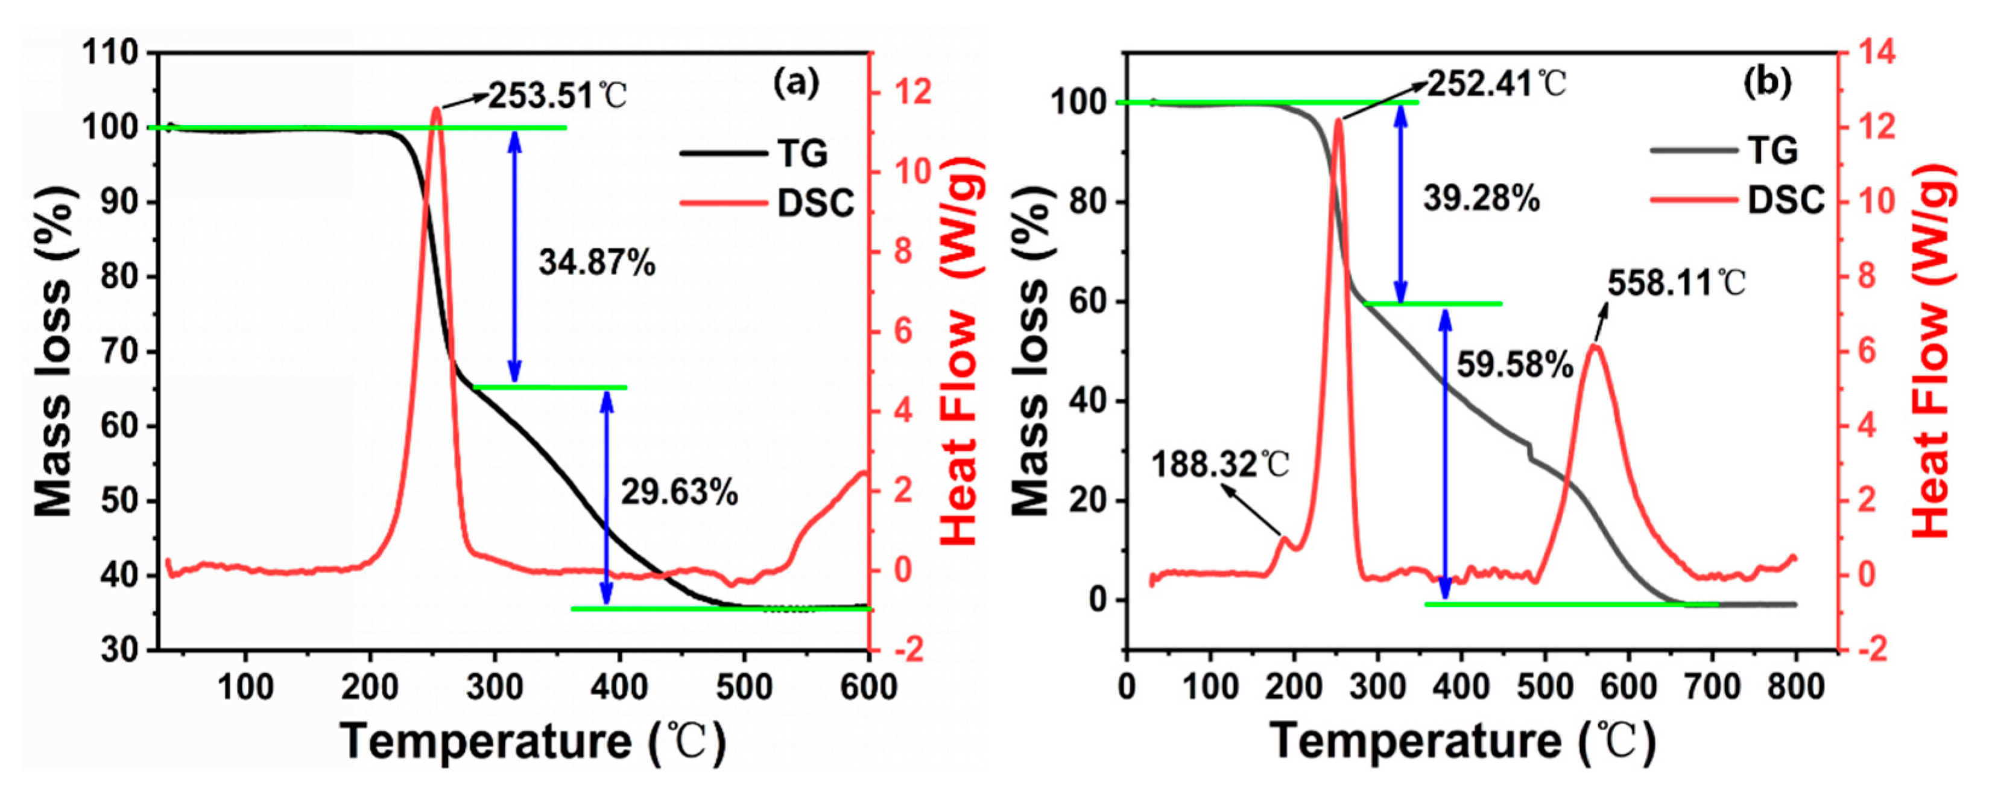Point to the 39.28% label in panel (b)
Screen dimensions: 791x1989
[x=1481, y=199]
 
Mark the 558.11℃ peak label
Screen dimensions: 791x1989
[x=1676, y=284]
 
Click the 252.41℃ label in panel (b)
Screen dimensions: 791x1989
[x=1496, y=83]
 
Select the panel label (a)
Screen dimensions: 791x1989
[x=796, y=83]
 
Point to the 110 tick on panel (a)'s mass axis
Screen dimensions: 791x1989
[x=110, y=54]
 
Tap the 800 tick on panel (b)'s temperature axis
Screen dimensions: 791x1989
[x=1796, y=687]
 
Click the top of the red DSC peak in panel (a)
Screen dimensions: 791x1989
[x=436, y=109]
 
